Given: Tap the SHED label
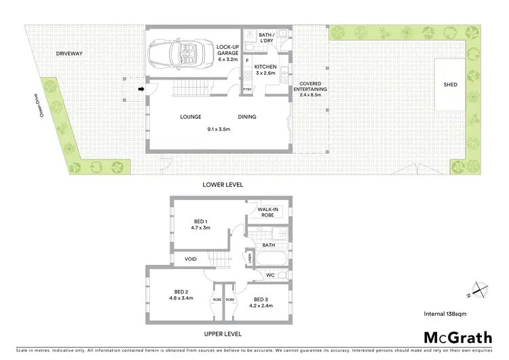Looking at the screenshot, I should tap(450, 84).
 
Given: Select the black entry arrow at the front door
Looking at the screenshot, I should tap(141, 88).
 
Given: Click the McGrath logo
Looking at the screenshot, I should tap(458, 337).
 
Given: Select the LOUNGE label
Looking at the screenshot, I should tap(191, 117).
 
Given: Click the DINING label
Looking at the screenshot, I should tap(247, 117).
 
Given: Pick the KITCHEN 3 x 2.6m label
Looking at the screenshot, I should tap(265, 69).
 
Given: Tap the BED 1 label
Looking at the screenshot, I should tap(202, 225).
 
